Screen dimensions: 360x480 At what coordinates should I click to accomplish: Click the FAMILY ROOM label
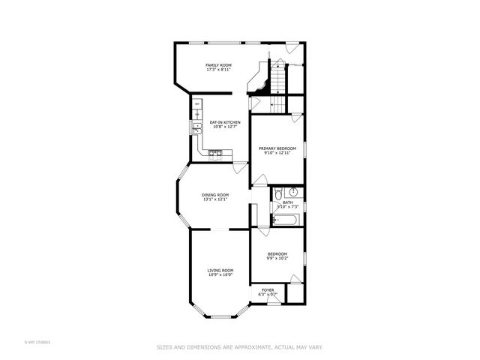tap(218, 65)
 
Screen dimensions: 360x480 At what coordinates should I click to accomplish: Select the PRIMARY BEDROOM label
tap(275, 148)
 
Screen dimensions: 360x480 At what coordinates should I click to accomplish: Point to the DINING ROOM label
tap(214, 195)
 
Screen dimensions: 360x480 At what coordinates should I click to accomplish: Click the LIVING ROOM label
tap(220, 270)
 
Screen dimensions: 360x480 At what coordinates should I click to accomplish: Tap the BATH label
tap(287, 202)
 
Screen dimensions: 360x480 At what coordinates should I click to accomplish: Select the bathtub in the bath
tap(286, 220)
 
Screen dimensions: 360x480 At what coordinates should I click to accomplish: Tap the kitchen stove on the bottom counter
tap(215, 154)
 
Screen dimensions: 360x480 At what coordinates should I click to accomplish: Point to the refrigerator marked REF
tap(197, 103)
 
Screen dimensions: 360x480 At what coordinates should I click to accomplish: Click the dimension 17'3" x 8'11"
tap(218, 70)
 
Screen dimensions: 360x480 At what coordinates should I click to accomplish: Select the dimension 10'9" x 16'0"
tap(220, 274)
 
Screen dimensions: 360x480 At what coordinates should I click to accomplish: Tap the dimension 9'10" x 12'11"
tap(275, 153)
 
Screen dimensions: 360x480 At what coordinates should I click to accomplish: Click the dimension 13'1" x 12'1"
tap(214, 199)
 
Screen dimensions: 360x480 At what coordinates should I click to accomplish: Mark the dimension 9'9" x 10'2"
tap(277, 259)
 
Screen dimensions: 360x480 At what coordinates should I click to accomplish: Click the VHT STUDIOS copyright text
tap(37, 342)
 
